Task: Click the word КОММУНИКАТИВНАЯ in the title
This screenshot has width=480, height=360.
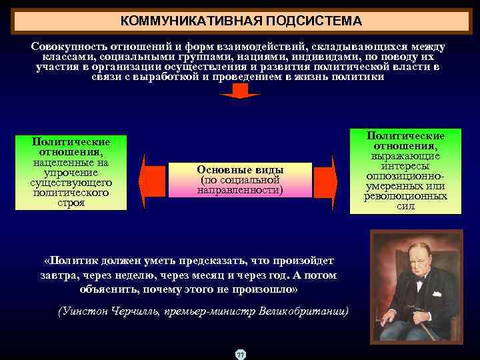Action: [193, 21]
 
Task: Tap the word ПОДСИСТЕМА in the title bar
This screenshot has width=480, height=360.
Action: [314, 21]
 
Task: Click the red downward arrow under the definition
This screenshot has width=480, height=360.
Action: [239, 91]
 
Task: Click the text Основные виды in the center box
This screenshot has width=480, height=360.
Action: [240, 169]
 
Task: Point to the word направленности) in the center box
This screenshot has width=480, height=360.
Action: [240, 191]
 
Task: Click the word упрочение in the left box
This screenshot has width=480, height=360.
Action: [71, 172]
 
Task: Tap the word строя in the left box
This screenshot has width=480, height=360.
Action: [71, 203]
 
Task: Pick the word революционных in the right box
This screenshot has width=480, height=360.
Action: [405, 197]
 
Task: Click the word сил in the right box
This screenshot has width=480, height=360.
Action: [405, 207]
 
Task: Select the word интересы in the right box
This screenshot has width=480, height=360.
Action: [405, 165]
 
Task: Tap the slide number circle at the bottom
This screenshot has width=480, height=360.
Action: [240, 354]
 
